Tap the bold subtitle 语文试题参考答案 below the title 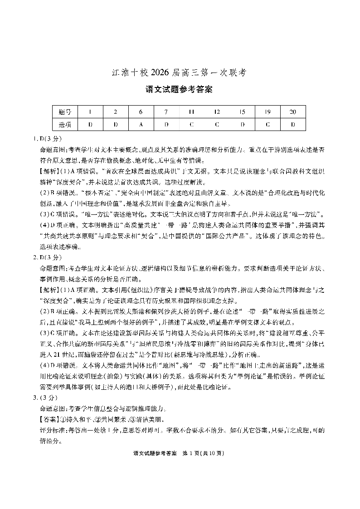coord(180,89)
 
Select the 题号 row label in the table coord(65,112)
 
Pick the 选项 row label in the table coord(65,124)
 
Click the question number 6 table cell coord(141,112)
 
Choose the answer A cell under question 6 coord(141,124)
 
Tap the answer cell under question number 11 coord(192,124)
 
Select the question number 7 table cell coord(166,112)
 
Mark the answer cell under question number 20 coord(293,124)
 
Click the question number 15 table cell coord(243,112)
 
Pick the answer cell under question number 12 coord(217,124)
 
